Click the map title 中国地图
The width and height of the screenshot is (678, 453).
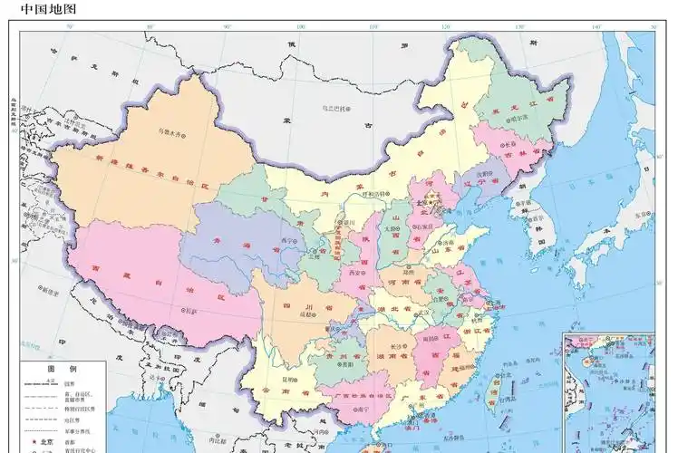[48, 9]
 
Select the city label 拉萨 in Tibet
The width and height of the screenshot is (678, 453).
[193, 310]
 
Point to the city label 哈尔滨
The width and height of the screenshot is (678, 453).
[518, 118]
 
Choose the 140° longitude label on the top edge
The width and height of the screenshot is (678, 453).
[596, 27]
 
